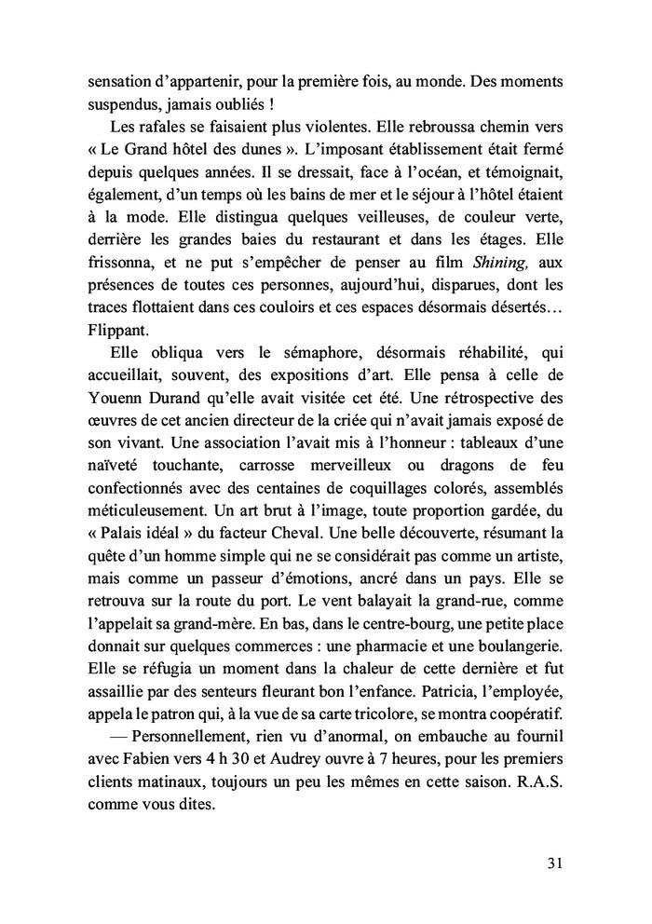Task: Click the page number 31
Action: [554, 863]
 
